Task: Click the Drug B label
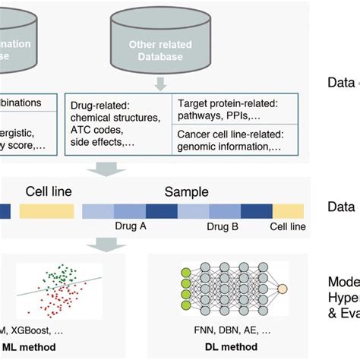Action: (x=226, y=226)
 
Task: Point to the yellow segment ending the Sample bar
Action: (x=289, y=210)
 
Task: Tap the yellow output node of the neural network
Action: (x=282, y=289)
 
